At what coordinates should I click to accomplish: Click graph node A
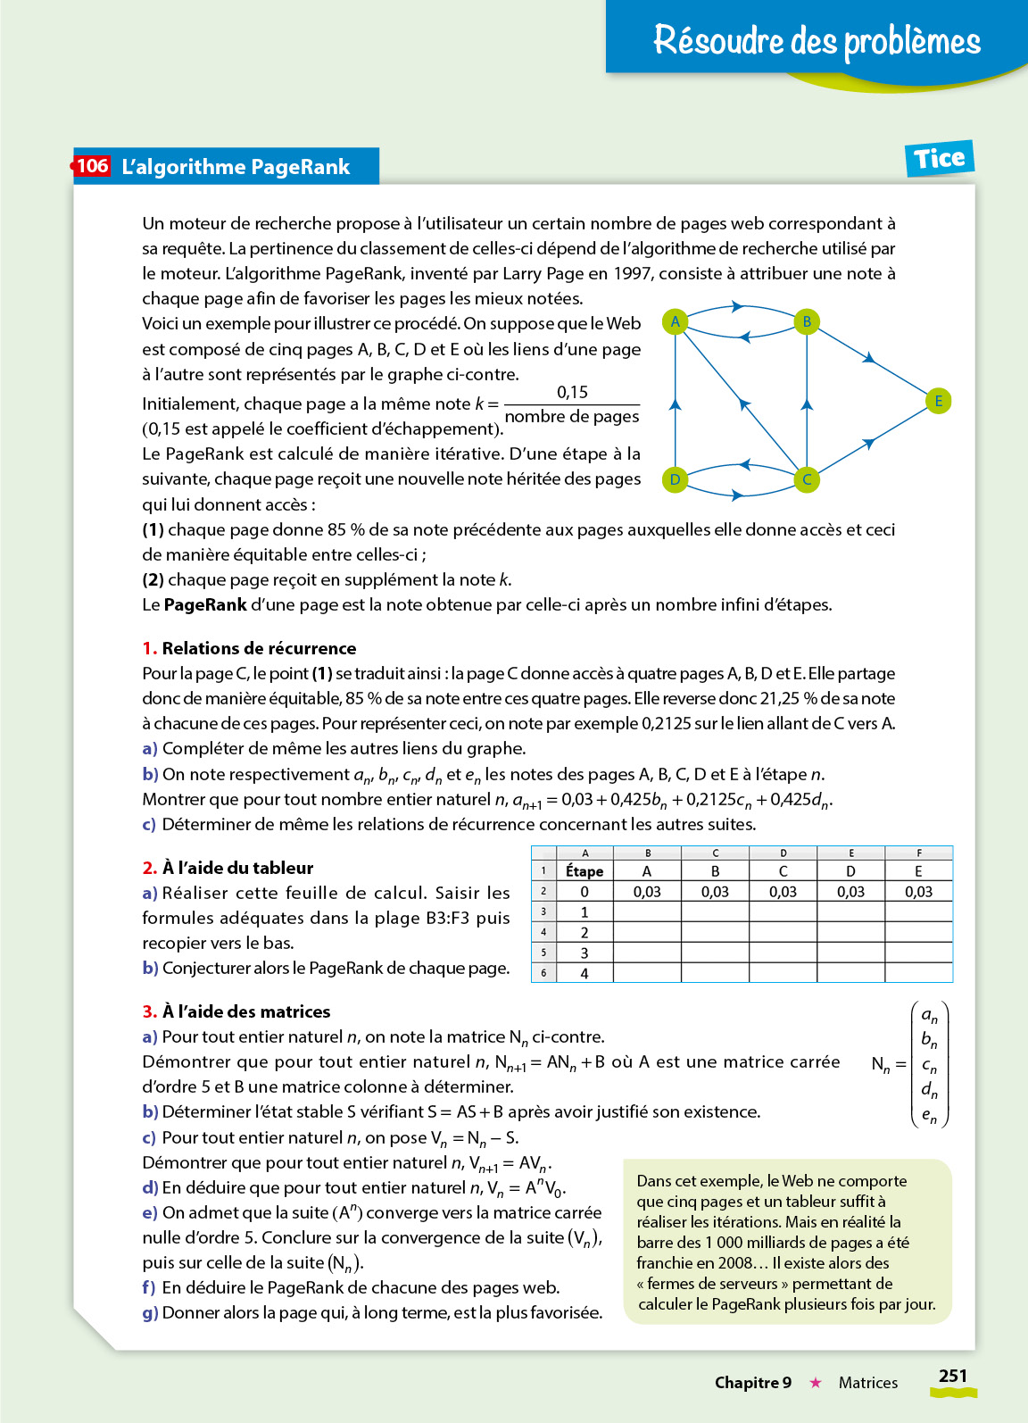pos(676,321)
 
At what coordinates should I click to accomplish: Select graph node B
pos(807,321)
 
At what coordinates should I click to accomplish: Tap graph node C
pos(807,479)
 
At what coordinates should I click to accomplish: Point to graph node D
pos(676,479)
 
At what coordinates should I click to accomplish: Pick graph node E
pos(938,401)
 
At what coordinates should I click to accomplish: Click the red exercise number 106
pos(92,166)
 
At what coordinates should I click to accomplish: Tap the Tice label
pos(939,159)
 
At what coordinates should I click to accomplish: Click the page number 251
pos(952,1376)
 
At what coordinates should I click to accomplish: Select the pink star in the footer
pos(815,1383)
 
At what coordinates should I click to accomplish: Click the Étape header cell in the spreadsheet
pos(584,870)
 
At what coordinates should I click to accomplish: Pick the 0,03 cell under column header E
pos(918,891)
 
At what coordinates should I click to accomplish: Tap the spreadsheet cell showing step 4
pos(584,973)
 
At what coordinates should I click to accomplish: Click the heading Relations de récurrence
pos(259,648)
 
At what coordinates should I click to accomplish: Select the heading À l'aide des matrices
pos(246,1011)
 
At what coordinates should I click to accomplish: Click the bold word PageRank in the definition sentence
pos(205,604)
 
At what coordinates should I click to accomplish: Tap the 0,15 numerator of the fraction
pos(572,392)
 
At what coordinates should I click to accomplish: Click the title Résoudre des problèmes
pos(817,40)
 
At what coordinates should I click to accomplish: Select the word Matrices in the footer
pos(867,1383)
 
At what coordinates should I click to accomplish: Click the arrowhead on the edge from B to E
pos(869,359)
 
